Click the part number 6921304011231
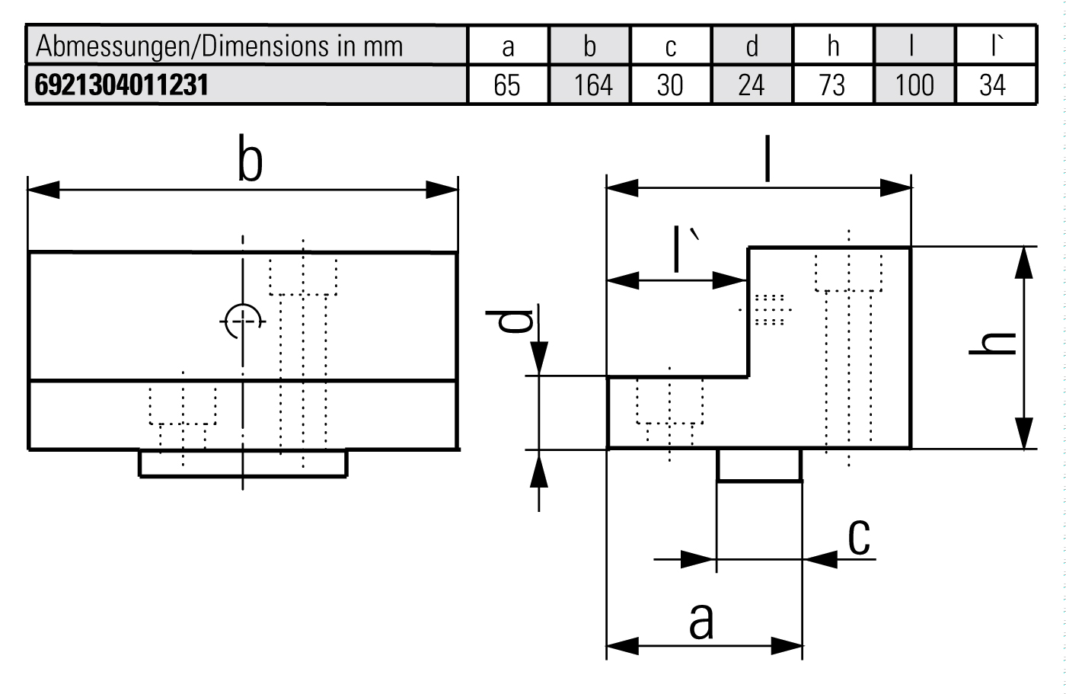coord(122,85)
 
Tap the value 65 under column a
coord(507,85)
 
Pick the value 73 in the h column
coord(832,85)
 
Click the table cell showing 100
coord(914,85)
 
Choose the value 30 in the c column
coord(670,85)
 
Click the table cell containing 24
coord(751,85)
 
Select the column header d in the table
coord(752,46)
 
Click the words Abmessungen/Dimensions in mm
coord(219,46)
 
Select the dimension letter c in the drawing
coord(859,537)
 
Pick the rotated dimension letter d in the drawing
coord(515,321)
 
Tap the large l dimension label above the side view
coord(767,161)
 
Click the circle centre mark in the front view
coord(243,321)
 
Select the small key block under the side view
coord(759,465)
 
